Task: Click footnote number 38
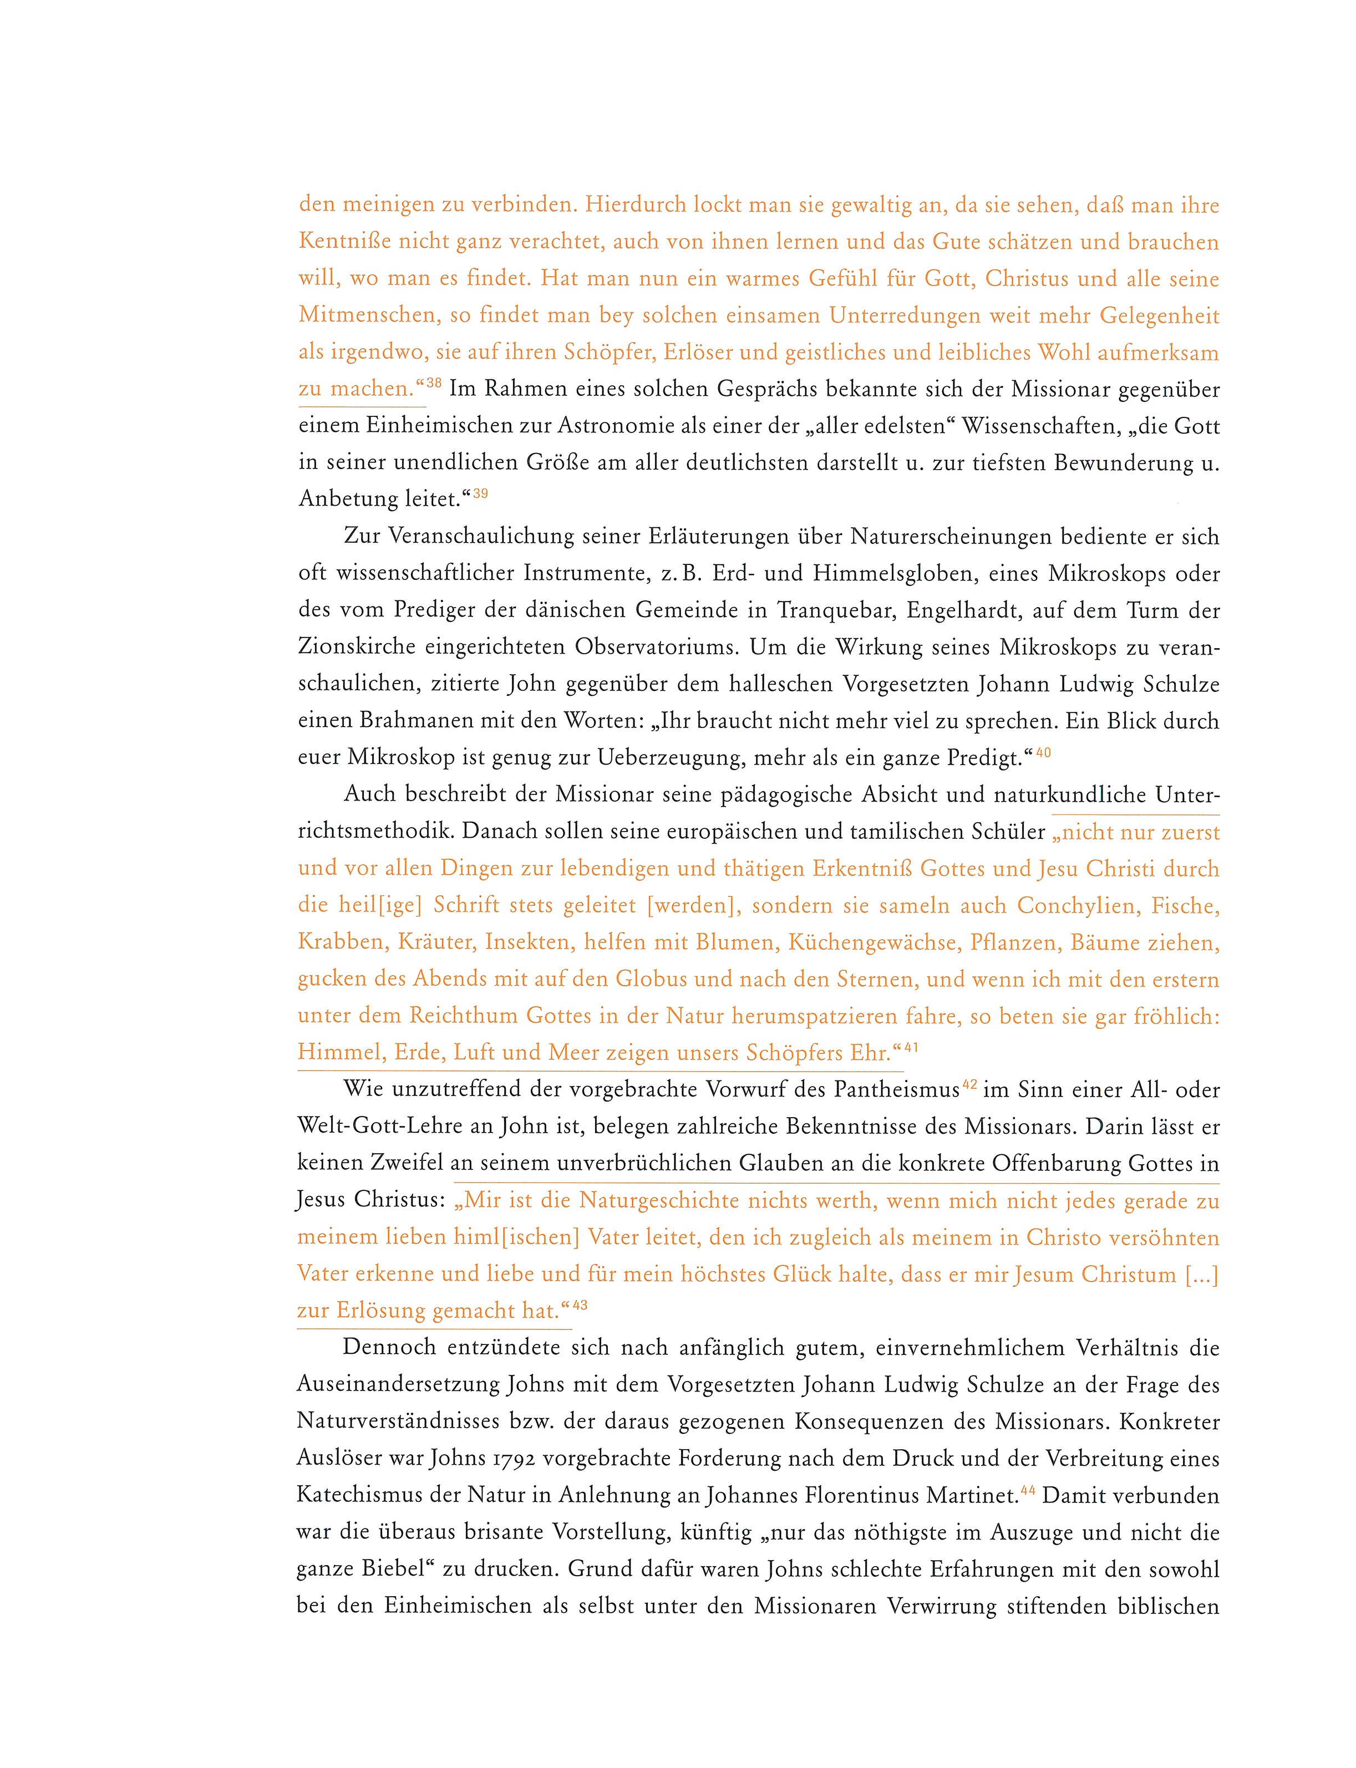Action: click(x=434, y=383)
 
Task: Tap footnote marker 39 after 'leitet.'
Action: click(x=480, y=493)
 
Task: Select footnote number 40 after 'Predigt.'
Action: click(x=1043, y=752)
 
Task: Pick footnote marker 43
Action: click(x=580, y=1306)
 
